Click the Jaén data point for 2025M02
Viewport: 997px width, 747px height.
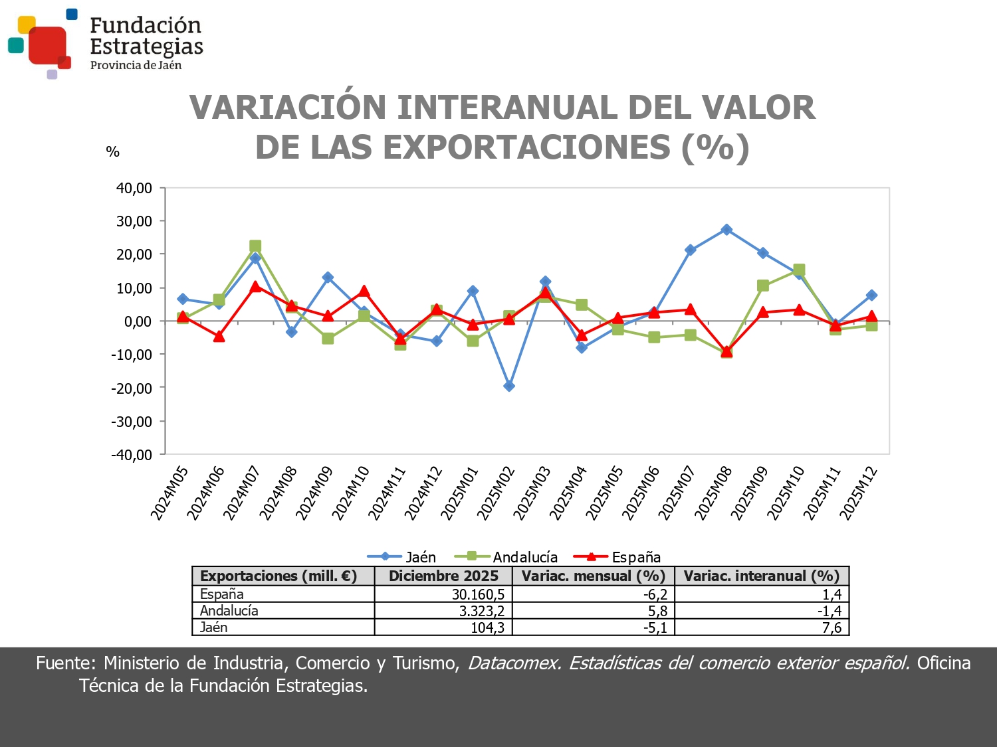(x=509, y=386)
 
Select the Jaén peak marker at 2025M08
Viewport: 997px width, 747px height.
(x=726, y=230)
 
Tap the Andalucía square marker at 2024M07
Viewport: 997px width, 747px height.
(x=255, y=246)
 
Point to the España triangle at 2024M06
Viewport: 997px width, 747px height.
(x=219, y=337)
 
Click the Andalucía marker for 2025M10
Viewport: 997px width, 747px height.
(x=799, y=270)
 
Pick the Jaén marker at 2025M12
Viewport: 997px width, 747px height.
(x=871, y=295)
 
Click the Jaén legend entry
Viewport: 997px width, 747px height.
(x=401, y=557)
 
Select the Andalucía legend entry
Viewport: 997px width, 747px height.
(x=506, y=557)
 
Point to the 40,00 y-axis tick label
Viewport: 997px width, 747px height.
(x=134, y=188)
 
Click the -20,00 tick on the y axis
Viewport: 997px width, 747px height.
(x=132, y=388)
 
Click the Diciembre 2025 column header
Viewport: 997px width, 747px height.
(x=443, y=576)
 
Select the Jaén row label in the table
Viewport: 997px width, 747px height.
(x=214, y=627)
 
